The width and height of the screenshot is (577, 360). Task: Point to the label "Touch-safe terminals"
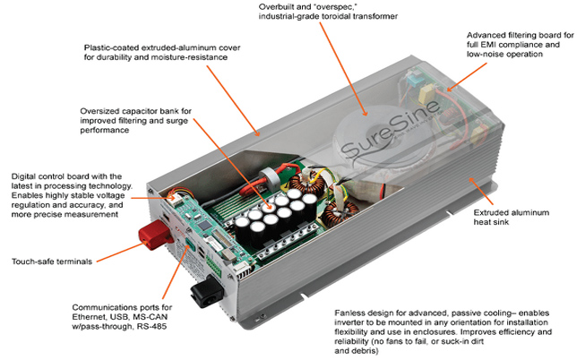click(x=50, y=261)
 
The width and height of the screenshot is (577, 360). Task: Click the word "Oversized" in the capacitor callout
click(x=100, y=111)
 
